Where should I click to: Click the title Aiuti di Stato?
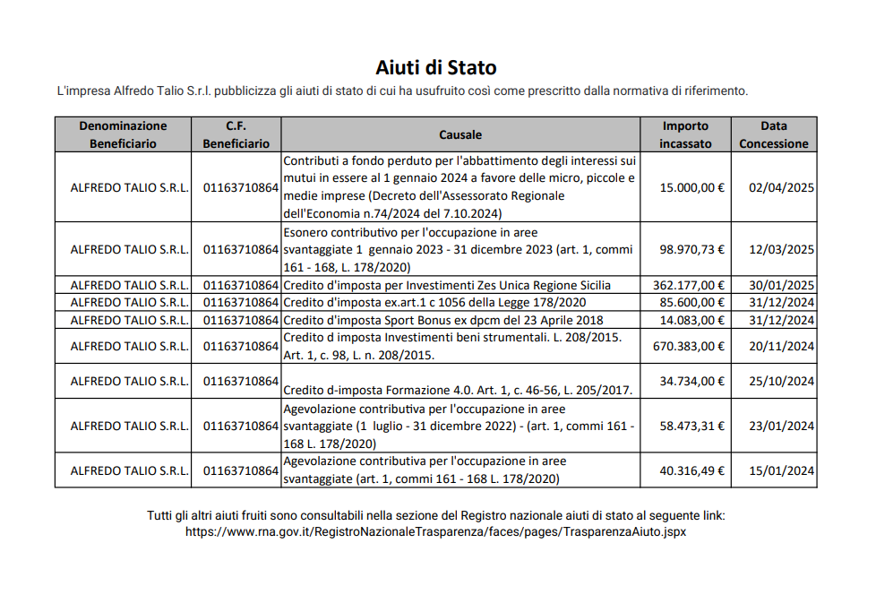[x=436, y=67]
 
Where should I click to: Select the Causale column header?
[x=460, y=134]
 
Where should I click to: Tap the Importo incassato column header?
[x=685, y=134]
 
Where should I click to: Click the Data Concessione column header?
[x=773, y=134]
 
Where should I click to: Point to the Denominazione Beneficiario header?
[x=123, y=134]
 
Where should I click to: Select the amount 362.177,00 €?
[x=688, y=285]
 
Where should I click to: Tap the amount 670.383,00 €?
[x=688, y=346]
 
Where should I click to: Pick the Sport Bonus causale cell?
[x=443, y=320]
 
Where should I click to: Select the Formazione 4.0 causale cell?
[x=458, y=390]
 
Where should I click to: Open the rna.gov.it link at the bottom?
[x=436, y=531]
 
